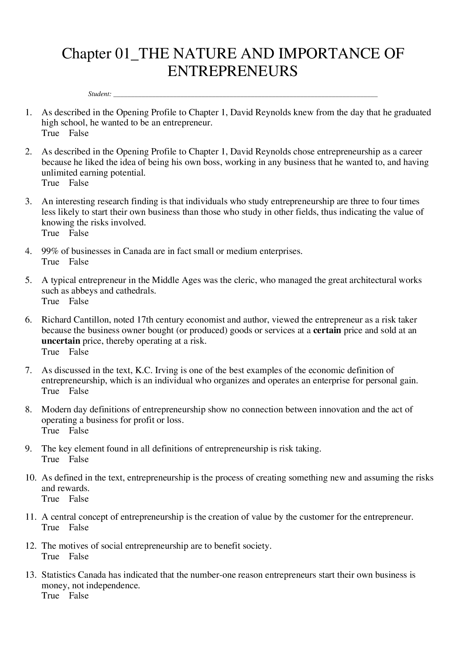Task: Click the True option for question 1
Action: pos(50,133)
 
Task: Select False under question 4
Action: pos(79,262)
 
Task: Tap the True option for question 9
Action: pos(50,459)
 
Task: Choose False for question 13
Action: pos(79,596)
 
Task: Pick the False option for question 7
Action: pos(79,391)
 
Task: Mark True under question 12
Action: pos(50,557)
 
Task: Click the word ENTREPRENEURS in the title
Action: pos(233,71)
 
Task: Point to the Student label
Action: pos(99,94)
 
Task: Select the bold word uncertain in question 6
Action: pos(61,341)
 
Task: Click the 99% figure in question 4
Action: pos(50,251)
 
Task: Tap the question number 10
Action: pos(31,478)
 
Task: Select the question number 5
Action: pos(28,280)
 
